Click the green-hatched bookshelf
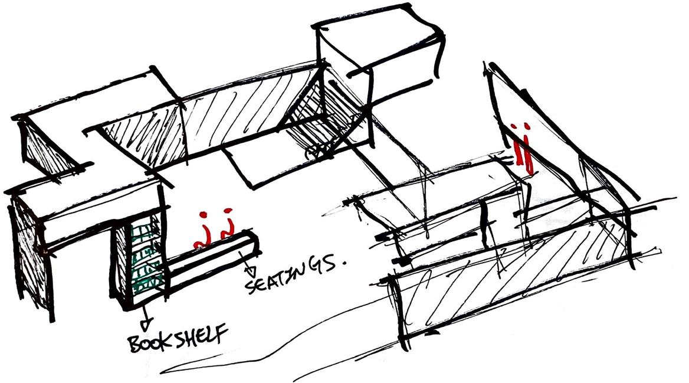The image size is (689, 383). click(142, 260)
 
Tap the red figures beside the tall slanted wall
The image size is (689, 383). click(522, 148)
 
